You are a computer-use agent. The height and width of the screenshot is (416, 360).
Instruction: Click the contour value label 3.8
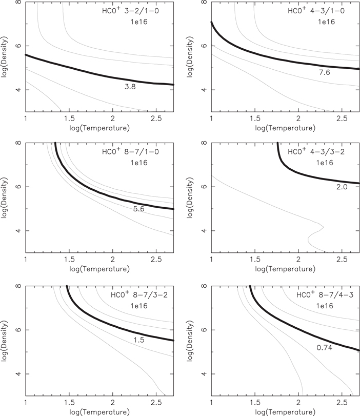[x=129, y=87]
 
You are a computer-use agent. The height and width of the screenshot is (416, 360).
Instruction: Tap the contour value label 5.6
[x=138, y=210]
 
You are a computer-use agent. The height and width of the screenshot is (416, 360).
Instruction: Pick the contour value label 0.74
[x=325, y=348]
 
